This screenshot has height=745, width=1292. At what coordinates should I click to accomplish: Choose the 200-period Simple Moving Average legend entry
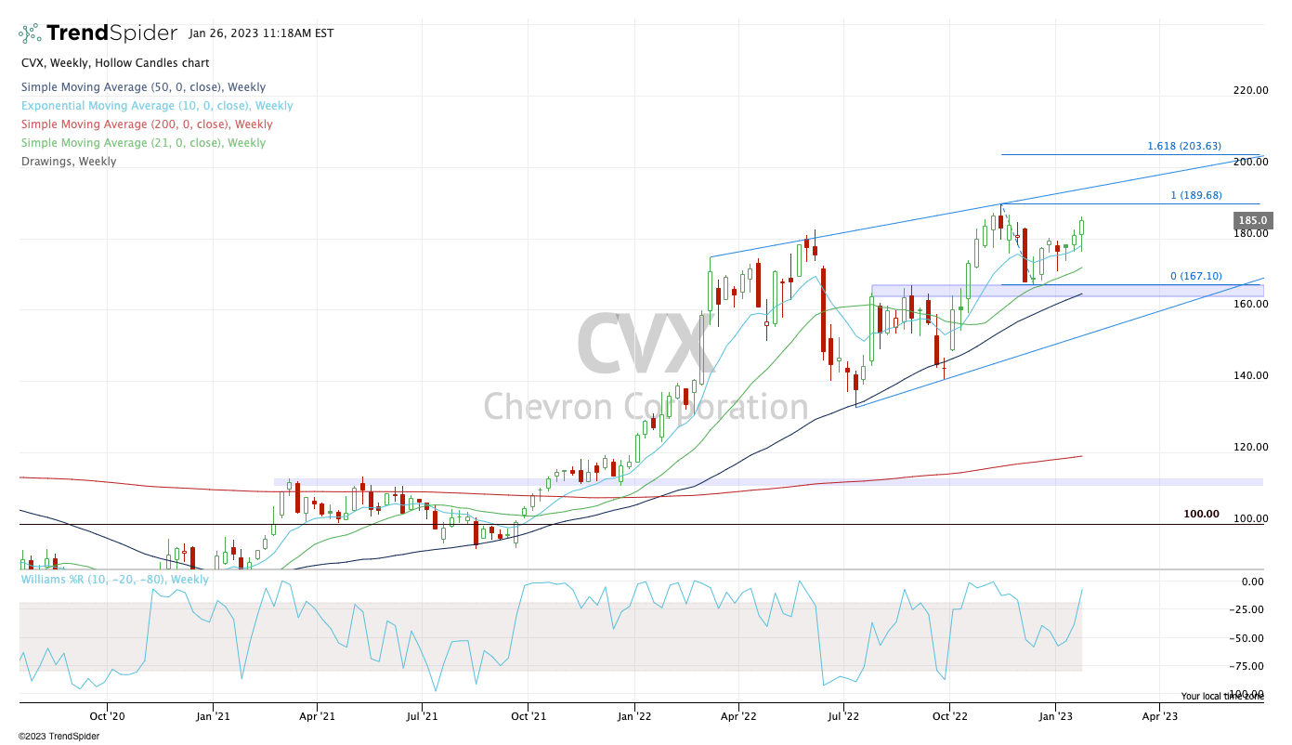tap(147, 124)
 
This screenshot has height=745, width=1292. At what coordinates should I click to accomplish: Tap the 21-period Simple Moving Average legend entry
tap(143, 143)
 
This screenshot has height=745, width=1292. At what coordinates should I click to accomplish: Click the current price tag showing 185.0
tap(1253, 221)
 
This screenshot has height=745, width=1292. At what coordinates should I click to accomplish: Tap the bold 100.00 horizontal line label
tap(1201, 514)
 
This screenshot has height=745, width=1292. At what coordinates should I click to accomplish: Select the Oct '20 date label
tap(108, 716)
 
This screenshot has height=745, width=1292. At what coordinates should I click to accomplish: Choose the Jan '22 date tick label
tap(634, 716)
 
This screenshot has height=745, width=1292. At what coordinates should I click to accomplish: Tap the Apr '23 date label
tap(1159, 716)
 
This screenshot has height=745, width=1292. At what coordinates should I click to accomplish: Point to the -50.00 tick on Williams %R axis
tap(1246, 638)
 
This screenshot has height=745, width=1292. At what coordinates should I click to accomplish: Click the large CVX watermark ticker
tap(646, 346)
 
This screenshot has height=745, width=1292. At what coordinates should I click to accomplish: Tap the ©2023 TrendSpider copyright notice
tap(59, 736)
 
